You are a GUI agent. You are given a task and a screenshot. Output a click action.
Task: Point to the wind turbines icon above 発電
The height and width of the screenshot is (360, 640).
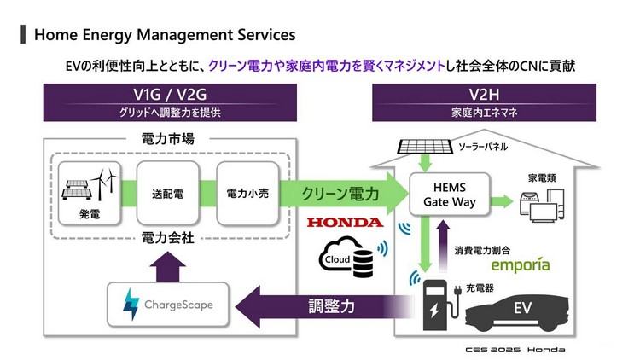[103, 182]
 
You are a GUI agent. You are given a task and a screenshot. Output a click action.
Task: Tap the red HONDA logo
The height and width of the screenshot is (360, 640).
[346, 222]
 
